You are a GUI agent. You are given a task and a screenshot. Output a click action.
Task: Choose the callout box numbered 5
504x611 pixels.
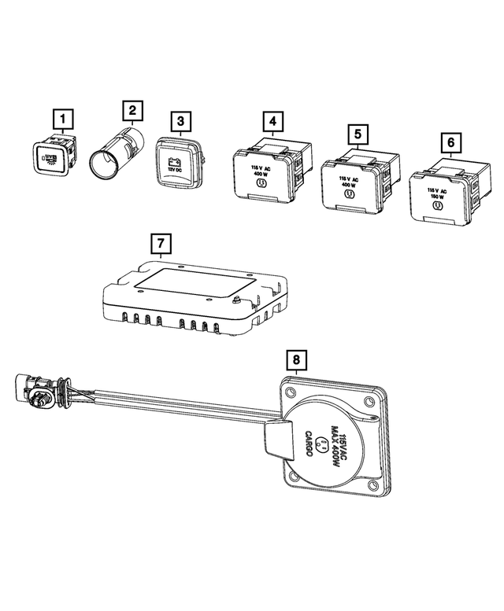[x=358, y=134]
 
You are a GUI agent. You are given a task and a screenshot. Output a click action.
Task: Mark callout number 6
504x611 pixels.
[x=450, y=142]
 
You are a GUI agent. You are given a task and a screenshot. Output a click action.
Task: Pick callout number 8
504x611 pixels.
[x=295, y=360]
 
